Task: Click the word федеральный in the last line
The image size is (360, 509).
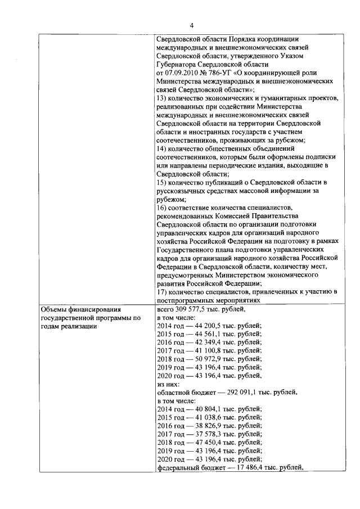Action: tap(177, 467)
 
